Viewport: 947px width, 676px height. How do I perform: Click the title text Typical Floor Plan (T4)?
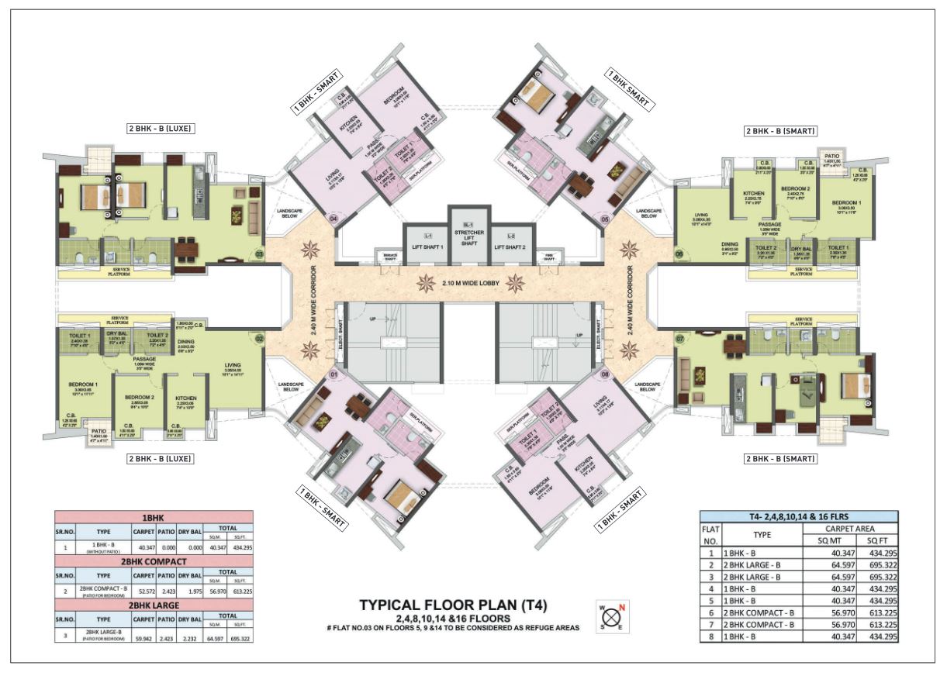460,605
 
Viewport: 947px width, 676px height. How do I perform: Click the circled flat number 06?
679,253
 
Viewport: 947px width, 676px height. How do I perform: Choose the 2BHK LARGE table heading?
155,605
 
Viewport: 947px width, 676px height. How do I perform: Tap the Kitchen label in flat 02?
185,398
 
